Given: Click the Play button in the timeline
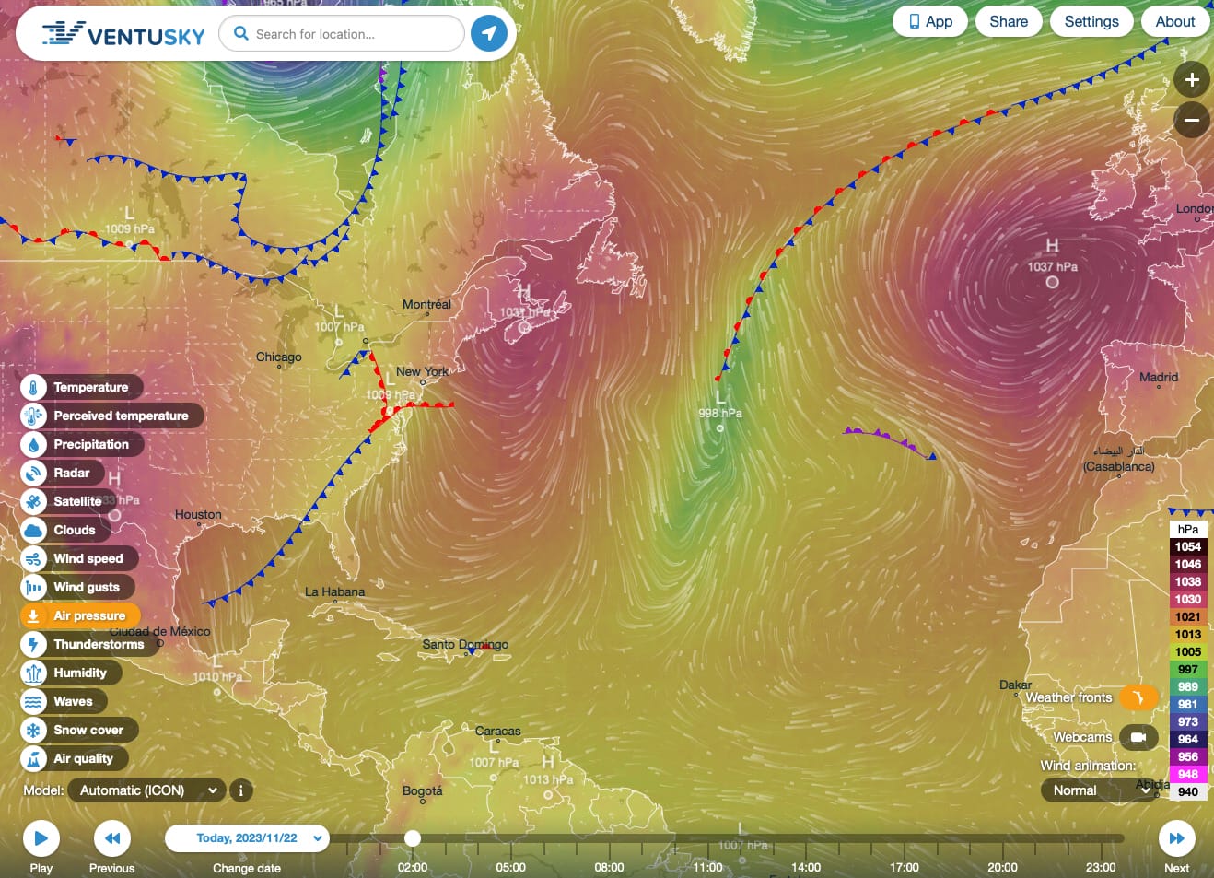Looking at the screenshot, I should tap(41, 838).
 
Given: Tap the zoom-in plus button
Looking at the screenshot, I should tap(1191, 80).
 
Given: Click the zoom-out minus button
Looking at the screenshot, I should tap(1191, 120).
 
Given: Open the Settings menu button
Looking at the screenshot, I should tap(1091, 22).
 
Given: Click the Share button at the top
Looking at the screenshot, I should tap(1008, 22).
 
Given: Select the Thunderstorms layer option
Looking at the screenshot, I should tap(98, 644).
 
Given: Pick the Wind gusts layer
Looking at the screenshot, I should tap(86, 587).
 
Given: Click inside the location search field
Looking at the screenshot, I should tap(350, 34).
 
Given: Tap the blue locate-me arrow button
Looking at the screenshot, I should tap(489, 34).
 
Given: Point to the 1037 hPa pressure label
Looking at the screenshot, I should tap(1052, 267).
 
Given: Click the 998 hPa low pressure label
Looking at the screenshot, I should tap(719, 413).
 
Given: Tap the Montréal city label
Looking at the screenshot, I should tap(426, 304).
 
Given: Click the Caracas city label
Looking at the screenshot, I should tap(497, 731).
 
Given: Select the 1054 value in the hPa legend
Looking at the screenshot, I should tap(1187, 546).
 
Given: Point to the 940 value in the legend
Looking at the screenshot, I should tap(1187, 791).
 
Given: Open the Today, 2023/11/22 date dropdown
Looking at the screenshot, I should tap(247, 838).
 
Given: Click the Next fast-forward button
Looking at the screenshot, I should tap(1176, 838).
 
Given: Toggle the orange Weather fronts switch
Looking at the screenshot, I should tap(1138, 697).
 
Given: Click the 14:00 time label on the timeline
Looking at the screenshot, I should tap(805, 867).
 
